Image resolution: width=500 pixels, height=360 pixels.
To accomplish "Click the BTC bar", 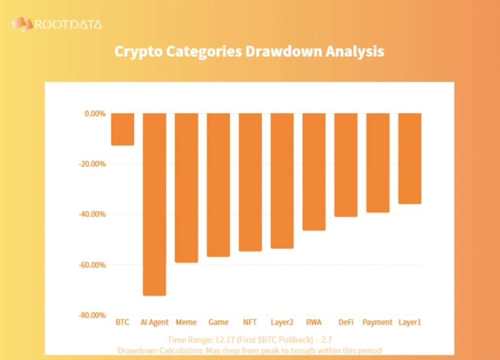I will point(123,129).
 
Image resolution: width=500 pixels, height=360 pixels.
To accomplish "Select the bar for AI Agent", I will point(154,204).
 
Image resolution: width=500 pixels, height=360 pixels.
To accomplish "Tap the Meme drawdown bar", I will point(186,188).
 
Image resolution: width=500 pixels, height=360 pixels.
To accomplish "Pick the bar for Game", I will point(218,185).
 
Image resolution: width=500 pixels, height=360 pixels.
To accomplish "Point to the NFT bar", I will point(250,182).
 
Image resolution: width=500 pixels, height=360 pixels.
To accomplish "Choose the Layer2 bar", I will point(282,181).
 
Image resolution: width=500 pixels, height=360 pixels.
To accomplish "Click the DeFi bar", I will point(346,165).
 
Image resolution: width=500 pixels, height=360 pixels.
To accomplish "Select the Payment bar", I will point(377,163).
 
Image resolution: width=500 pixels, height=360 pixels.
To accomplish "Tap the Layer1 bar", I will point(410,158).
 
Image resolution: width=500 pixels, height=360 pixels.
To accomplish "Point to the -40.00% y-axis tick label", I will point(92,214).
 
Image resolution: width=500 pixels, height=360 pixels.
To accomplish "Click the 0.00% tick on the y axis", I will point(95,113).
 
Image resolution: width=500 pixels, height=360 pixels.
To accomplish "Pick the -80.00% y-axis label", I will point(92,316).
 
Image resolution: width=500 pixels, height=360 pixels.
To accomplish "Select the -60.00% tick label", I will point(92,265).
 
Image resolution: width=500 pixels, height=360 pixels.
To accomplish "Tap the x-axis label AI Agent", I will point(154,322).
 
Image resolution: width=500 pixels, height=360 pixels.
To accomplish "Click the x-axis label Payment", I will point(377,322).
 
